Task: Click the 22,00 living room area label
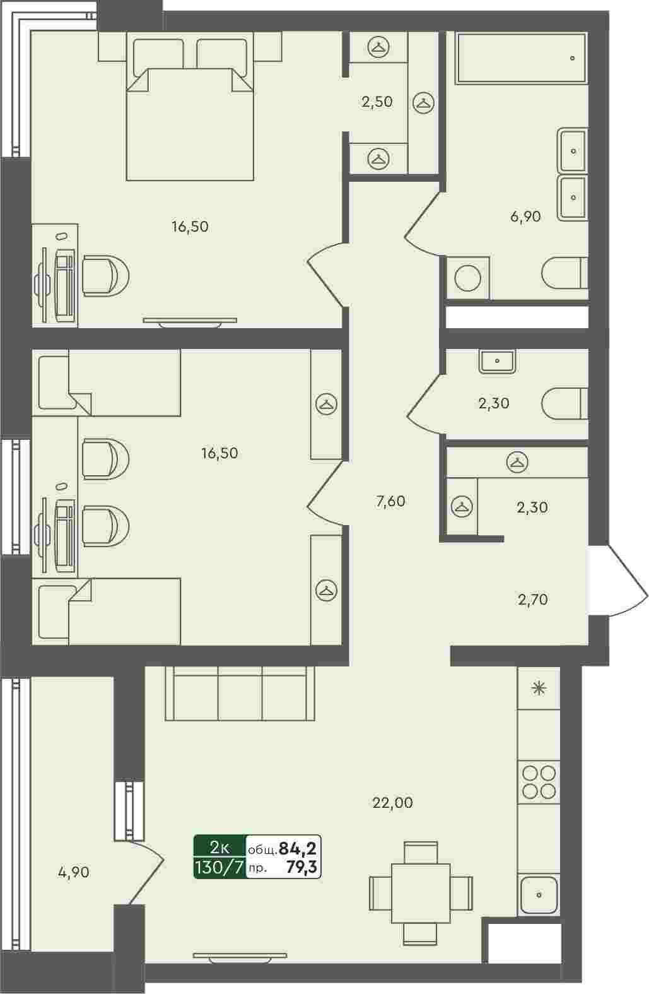pyautogui.click(x=392, y=803)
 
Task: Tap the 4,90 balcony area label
pyautogui.click(x=74, y=872)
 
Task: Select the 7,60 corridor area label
pyautogui.click(x=390, y=502)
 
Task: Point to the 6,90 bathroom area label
pyautogui.click(x=525, y=216)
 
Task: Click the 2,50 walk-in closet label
pyautogui.click(x=377, y=102)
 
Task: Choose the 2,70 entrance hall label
pyautogui.click(x=533, y=600)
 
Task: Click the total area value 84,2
pyautogui.click(x=297, y=848)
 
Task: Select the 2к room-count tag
pyautogui.click(x=219, y=847)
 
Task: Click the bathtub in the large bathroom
pyautogui.click(x=522, y=57)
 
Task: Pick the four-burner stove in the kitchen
pyautogui.click(x=539, y=782)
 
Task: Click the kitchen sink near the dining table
pyautogui.click(x=539, y=895)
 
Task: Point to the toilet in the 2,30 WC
pyautogui.click(x=564, y=403)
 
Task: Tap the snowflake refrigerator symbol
pyautogui.click(x=539, y=689)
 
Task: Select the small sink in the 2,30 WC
pyautogui.click(x=497, y=361)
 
